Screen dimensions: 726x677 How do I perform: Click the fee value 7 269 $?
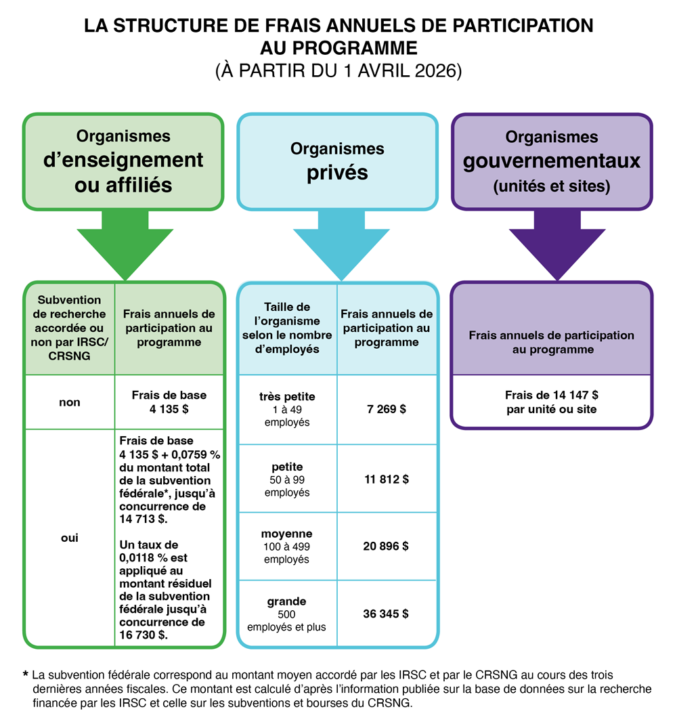[386, 410]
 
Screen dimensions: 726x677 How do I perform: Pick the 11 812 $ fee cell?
[386, 479]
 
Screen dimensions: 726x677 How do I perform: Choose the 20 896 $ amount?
[386, 547]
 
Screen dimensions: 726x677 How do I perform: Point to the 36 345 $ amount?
[386, 614]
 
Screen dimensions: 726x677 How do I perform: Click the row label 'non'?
[69, 402]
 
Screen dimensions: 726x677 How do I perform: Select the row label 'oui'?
[69, 538]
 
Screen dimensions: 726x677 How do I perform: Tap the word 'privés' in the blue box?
[338, 172]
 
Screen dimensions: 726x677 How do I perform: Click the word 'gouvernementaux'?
[551, 161]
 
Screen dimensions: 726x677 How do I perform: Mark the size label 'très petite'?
[287, 397]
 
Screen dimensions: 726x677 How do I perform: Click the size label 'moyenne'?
[287, 534]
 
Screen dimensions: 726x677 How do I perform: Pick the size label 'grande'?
[287, 601]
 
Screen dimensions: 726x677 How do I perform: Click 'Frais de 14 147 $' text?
[551, 396]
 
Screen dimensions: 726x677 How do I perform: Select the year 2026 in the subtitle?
[437, 70]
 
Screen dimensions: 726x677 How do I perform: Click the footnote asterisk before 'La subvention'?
[25, 675]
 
